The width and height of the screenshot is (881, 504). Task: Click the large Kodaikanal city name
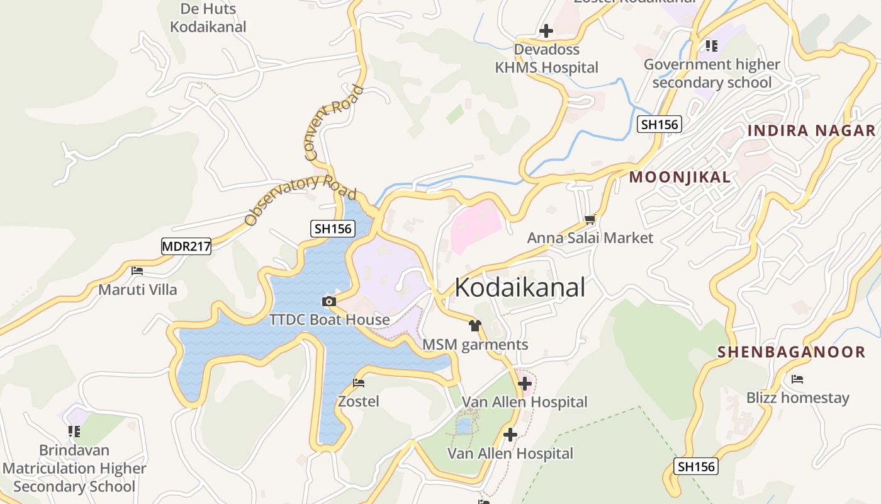[x=520, y=287]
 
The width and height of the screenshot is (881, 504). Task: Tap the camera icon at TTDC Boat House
[x=328, y=301]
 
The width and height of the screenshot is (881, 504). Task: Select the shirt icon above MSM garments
[x=474, y=326]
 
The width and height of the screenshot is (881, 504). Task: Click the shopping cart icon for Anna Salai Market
[x=590, y=219]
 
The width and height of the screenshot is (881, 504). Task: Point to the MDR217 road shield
[x=186, y=246]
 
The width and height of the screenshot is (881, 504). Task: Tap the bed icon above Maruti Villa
[x=137, y=271]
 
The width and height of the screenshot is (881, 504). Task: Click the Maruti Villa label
[x=138, y=290]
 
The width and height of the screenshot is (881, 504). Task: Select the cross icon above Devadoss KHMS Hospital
[x=546, y=30]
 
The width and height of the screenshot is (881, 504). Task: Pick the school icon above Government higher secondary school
[x=711, y=45]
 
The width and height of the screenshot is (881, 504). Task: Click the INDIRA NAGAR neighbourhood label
[x=811, y=130]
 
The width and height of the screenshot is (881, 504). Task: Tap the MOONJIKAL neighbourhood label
[x=680, y=177]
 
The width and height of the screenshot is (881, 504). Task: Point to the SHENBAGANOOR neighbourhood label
[x=792, y=352]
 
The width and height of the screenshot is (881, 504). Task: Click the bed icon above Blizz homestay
[x=797, y=379]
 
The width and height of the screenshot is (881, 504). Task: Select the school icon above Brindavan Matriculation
[x=74, y=432]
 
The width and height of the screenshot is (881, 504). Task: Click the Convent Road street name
[x=333, y=121]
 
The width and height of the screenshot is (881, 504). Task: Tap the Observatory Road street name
[x=300, y=199]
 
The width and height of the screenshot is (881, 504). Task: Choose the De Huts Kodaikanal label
[x=208, y=18]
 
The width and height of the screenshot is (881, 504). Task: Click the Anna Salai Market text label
[x=590, y=238]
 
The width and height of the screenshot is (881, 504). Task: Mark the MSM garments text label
[x=475, y=345]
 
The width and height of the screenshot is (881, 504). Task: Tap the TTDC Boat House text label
[x=330, y=319]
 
